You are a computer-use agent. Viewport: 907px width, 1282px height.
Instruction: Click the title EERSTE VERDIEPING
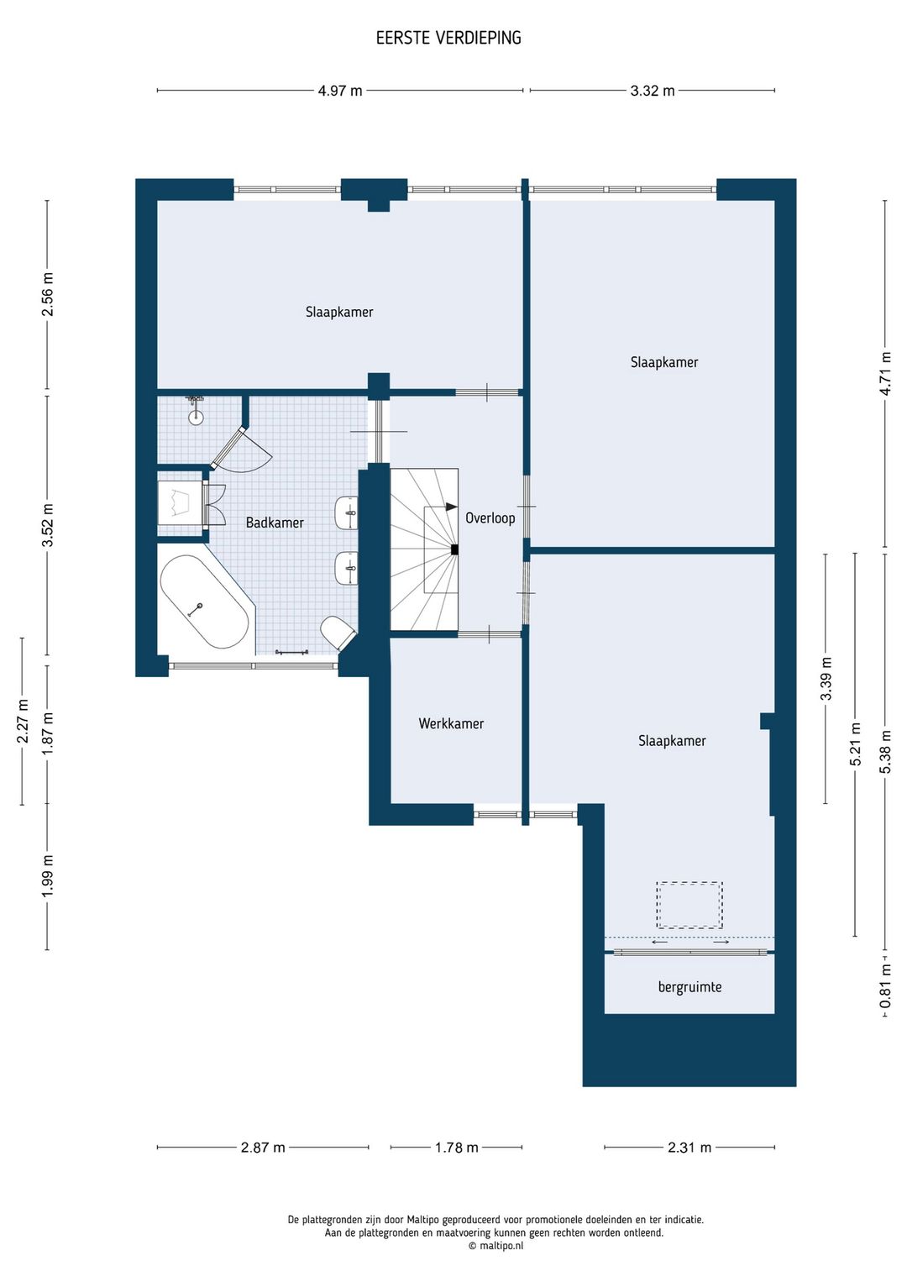point(448,38)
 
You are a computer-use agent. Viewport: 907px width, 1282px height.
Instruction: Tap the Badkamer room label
point(275,523)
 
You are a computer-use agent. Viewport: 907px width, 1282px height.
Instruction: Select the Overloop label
point(490,518)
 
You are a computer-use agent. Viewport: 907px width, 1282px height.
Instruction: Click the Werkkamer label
point(451,723)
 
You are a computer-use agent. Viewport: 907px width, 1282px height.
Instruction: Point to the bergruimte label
point(689,986)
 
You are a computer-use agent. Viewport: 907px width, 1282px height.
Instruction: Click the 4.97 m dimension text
point(340,91)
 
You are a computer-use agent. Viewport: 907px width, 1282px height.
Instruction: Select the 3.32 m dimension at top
point(653,91)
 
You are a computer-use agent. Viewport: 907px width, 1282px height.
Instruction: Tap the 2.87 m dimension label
point(263,1148)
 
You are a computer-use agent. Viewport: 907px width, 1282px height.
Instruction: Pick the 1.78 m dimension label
point(456,1148)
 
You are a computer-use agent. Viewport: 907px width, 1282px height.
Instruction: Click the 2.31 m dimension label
point(689,1148)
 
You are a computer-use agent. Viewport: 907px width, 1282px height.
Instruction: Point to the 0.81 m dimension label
point(885,986)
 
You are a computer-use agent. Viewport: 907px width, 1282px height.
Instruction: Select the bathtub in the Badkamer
point(204,602)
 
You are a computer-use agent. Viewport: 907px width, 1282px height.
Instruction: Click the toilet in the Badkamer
point(338,633)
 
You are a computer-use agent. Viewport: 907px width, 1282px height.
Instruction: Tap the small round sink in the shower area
point(196,417)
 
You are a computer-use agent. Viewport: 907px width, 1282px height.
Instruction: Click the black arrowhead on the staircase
point(452,507)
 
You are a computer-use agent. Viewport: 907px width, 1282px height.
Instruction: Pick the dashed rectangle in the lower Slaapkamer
point(689,905)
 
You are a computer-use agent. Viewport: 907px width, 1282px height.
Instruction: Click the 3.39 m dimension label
point(826,679)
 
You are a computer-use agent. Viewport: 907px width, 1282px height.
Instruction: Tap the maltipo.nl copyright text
point(495,1245)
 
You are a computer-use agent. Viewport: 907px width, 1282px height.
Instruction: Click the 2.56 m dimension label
point(48,294)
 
